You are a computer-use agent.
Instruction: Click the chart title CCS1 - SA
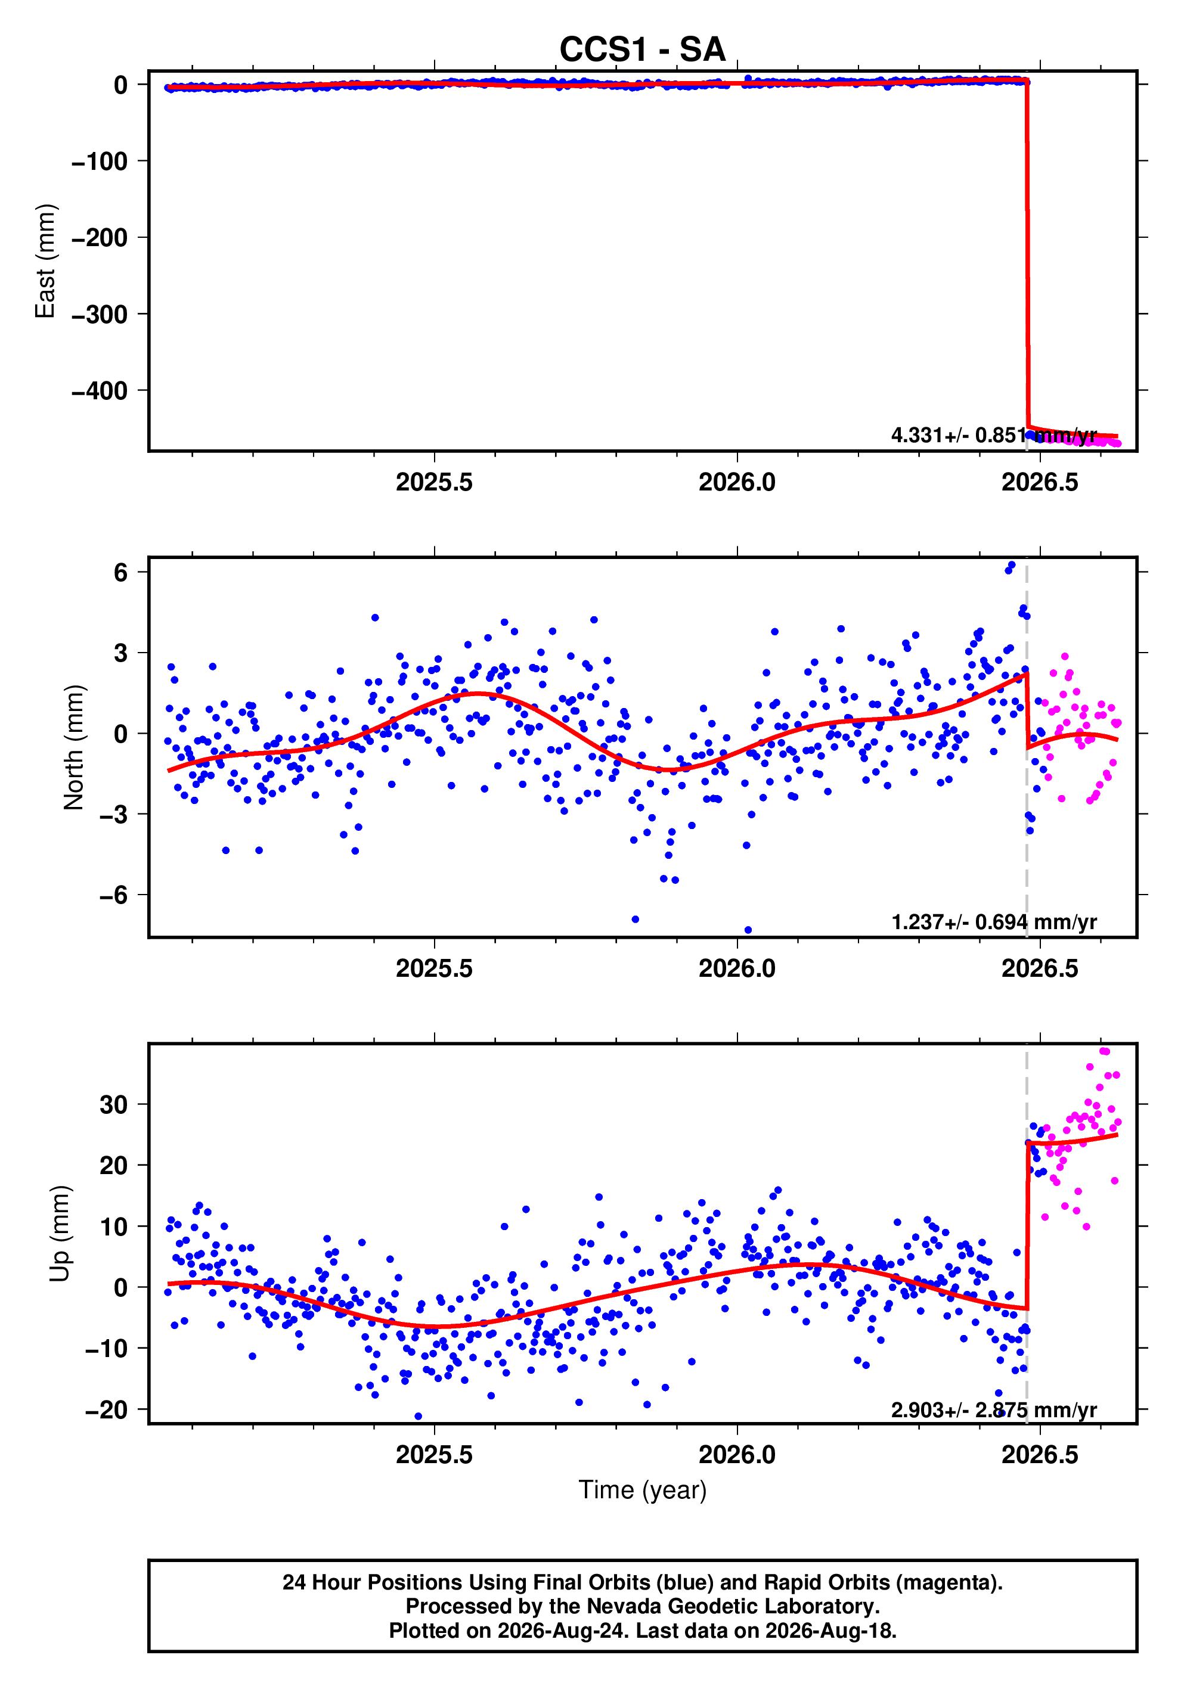coord(643,50)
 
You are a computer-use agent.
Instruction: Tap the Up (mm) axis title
coord(60,1234)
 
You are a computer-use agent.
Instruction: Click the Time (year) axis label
coord(643,1489)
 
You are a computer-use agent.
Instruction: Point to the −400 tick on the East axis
coord(100,390)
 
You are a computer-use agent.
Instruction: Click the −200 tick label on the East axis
coord(100,238)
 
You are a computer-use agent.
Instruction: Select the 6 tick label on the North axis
coord(120,572)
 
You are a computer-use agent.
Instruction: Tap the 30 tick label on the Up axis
coord(113,1104)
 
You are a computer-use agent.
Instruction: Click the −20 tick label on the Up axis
coord(107,1409)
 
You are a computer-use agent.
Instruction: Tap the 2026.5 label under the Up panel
coord(1040,1454)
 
